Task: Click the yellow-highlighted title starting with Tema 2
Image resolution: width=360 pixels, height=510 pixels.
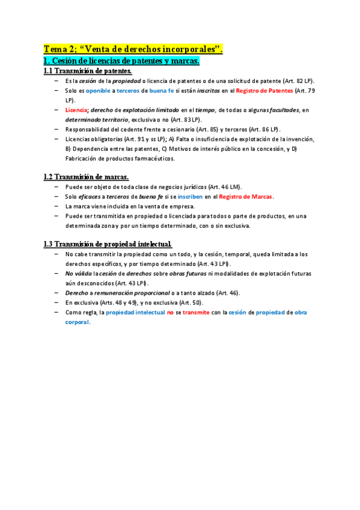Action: [133, 49]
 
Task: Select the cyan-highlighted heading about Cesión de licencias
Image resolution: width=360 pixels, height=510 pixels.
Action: [121, 61]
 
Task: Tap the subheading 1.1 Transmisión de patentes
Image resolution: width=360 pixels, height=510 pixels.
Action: [88, 71]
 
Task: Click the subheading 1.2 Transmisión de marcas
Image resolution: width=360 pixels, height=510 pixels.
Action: [86, 177]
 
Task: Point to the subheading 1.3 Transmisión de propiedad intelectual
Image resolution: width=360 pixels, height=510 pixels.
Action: [108, 244]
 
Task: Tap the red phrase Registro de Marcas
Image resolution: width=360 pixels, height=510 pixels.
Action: [246, 197]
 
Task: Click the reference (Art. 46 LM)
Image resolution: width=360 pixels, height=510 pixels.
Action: [225, 187]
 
